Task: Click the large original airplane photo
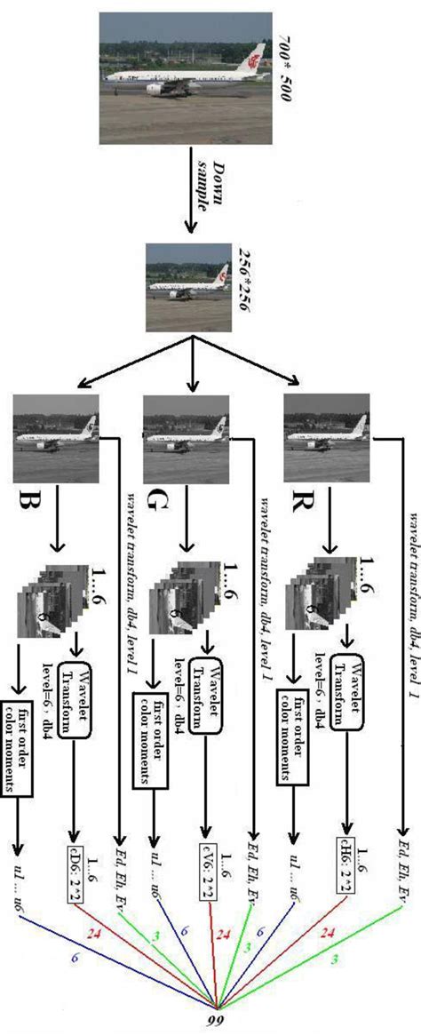[x=185, y=77]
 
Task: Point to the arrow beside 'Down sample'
[x=189, y=190]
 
